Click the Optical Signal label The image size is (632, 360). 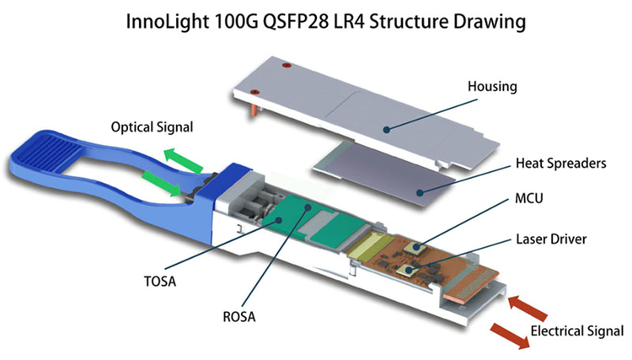[153, 127]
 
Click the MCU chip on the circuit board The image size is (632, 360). [415, 246]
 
